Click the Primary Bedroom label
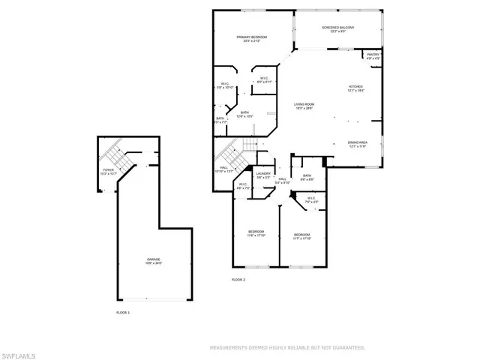253,37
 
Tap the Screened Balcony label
338,28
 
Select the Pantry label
373,54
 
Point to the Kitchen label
355,86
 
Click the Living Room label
304,104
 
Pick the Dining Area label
357,142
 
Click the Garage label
153,259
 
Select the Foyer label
109,169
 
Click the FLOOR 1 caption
123,311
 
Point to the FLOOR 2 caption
238,280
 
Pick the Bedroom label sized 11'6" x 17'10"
256,232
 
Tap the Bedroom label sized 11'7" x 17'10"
301,234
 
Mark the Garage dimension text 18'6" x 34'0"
153,263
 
